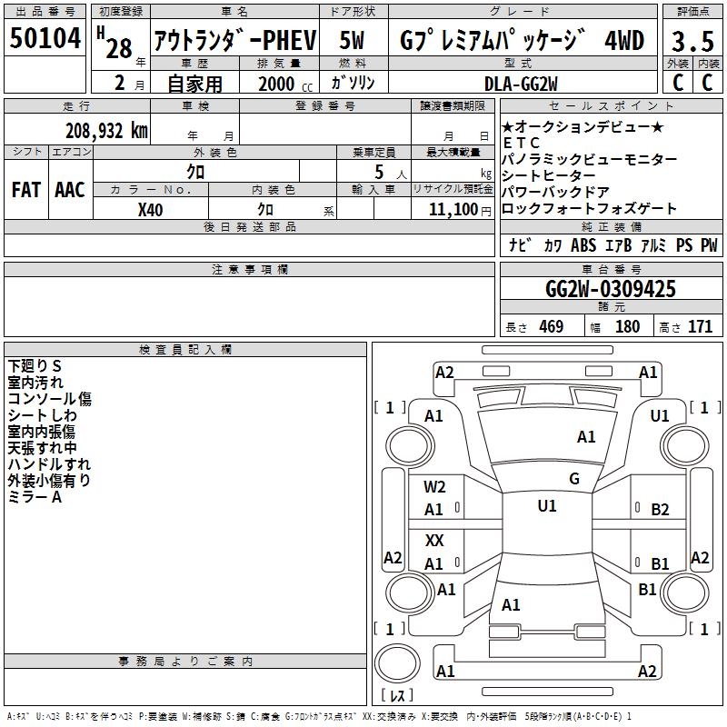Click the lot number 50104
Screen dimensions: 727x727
pyautogui.click(x=45, y=39)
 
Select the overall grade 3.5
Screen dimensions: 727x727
pyautogui.click(x=692, y=42)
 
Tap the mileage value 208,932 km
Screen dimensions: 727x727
pyautogui.click(x=106, y=131)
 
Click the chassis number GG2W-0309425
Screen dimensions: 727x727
pyautogui.click(x=610, y=289)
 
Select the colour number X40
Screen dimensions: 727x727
pyautogui.click(x=150, y=209)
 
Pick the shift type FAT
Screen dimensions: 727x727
pyautogui.click(x=25, y=190)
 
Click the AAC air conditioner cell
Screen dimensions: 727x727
pyautogui.click(x=69, y=190)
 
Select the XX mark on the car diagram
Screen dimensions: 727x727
pyautogui.click(x=435, y=541)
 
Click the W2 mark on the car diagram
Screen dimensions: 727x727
pyautogui.click(x=435, y=486)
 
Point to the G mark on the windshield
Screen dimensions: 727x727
pyautogui.click(x=574, y=479)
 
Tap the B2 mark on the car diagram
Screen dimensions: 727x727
pyautogui.click(x=660, y=510)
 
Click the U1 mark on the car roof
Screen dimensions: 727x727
pyautogui.click(x=547, y=506)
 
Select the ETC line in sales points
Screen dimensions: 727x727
pyautogui.click(x=522, y=144)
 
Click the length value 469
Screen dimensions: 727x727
pyautogui.click(x=548, y=327)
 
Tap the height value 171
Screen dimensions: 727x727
pyautogui.click(x=700, y=327)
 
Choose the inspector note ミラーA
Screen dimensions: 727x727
pyautogui.click(x=35, y=497)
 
